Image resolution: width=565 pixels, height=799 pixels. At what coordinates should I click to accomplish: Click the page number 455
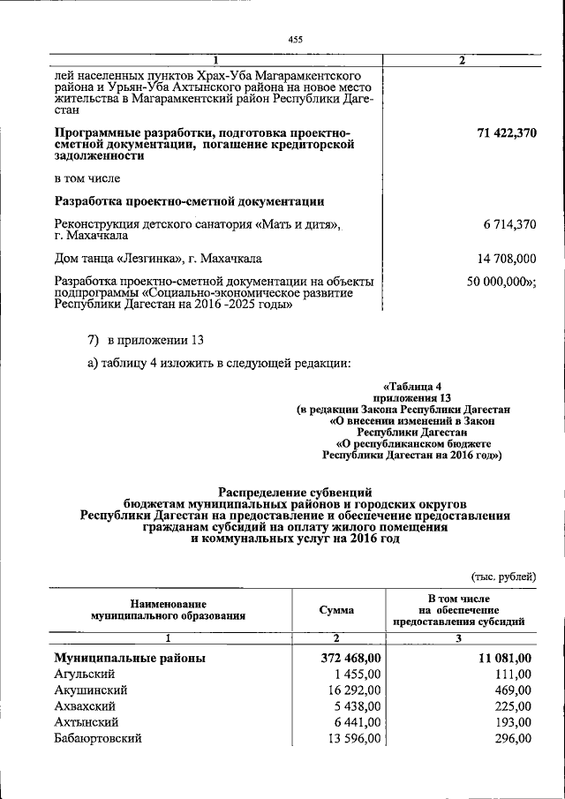click(x=295, y=39)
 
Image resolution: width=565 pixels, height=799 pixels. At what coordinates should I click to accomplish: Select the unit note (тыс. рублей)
click(x=502, y=577)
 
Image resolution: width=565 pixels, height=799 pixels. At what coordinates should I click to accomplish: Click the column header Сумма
click(x=337, y=610)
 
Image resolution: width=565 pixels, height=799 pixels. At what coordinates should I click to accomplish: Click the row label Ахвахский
click(x=85, y=706)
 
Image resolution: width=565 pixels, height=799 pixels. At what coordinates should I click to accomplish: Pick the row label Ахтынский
click(x=86, y=722)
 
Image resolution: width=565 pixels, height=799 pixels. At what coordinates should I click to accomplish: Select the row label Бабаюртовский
click(x=97, y=738)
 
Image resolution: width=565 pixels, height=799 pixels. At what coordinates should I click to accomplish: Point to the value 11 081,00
click(x=503, y=658)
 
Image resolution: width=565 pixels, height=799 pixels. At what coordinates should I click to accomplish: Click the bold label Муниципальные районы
click(x=130, y=658)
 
